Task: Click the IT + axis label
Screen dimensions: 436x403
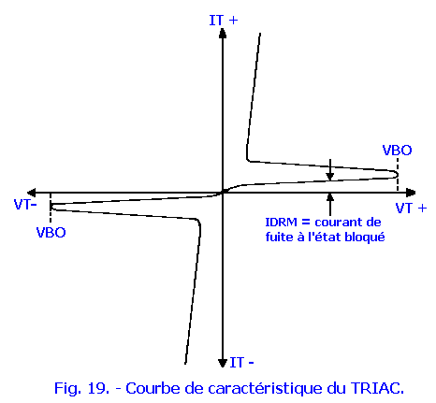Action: click(x=224, y=21)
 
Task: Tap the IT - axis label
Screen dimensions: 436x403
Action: click(x=241, y=363)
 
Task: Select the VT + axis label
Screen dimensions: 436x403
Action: click(x=411, y=208)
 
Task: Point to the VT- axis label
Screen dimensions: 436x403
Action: click(x=25, y=205)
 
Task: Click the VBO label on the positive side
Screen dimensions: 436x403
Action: click(x=397, y=151)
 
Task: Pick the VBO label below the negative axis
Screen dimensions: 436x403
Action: click(x=51, y=233)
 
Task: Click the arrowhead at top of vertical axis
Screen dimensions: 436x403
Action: click(x=223, y=33)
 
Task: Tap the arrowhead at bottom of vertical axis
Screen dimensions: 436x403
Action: click(x=223, y=363)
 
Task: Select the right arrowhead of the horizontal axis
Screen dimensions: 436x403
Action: click(x=411, y=193)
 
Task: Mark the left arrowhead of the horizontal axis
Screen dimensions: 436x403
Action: click(x=32, y=193)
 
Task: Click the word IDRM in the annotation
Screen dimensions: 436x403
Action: click(x=281, y=223)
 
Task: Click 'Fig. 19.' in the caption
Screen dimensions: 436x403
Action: click(x=81, y=389)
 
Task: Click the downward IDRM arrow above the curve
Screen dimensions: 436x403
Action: click(x=330, y=169)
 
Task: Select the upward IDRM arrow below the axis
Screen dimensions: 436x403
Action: click(x=330, y=205)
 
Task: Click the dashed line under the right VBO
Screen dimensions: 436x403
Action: click(x=398, y=175)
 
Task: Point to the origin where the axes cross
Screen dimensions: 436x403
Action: click(x=223, y=193)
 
